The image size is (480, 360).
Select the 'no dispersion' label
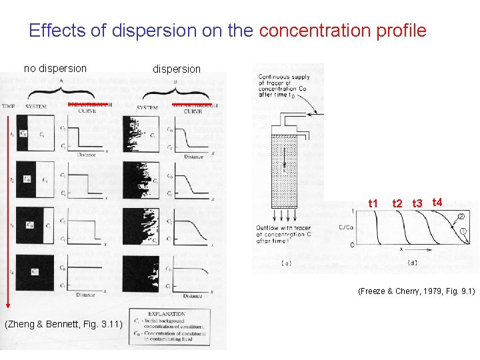point(55,67)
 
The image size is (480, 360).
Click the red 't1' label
point(373,203)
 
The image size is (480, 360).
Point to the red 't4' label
point(437,201)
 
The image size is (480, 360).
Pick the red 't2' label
point(397,203)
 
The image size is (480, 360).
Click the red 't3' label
point(417,203)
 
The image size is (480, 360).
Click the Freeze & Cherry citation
point(415,291)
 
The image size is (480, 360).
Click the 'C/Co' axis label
point(347,226)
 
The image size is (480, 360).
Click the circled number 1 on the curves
point(463,231)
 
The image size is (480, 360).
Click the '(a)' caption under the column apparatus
point(285,263)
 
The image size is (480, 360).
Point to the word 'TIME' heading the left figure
point(9,107)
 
